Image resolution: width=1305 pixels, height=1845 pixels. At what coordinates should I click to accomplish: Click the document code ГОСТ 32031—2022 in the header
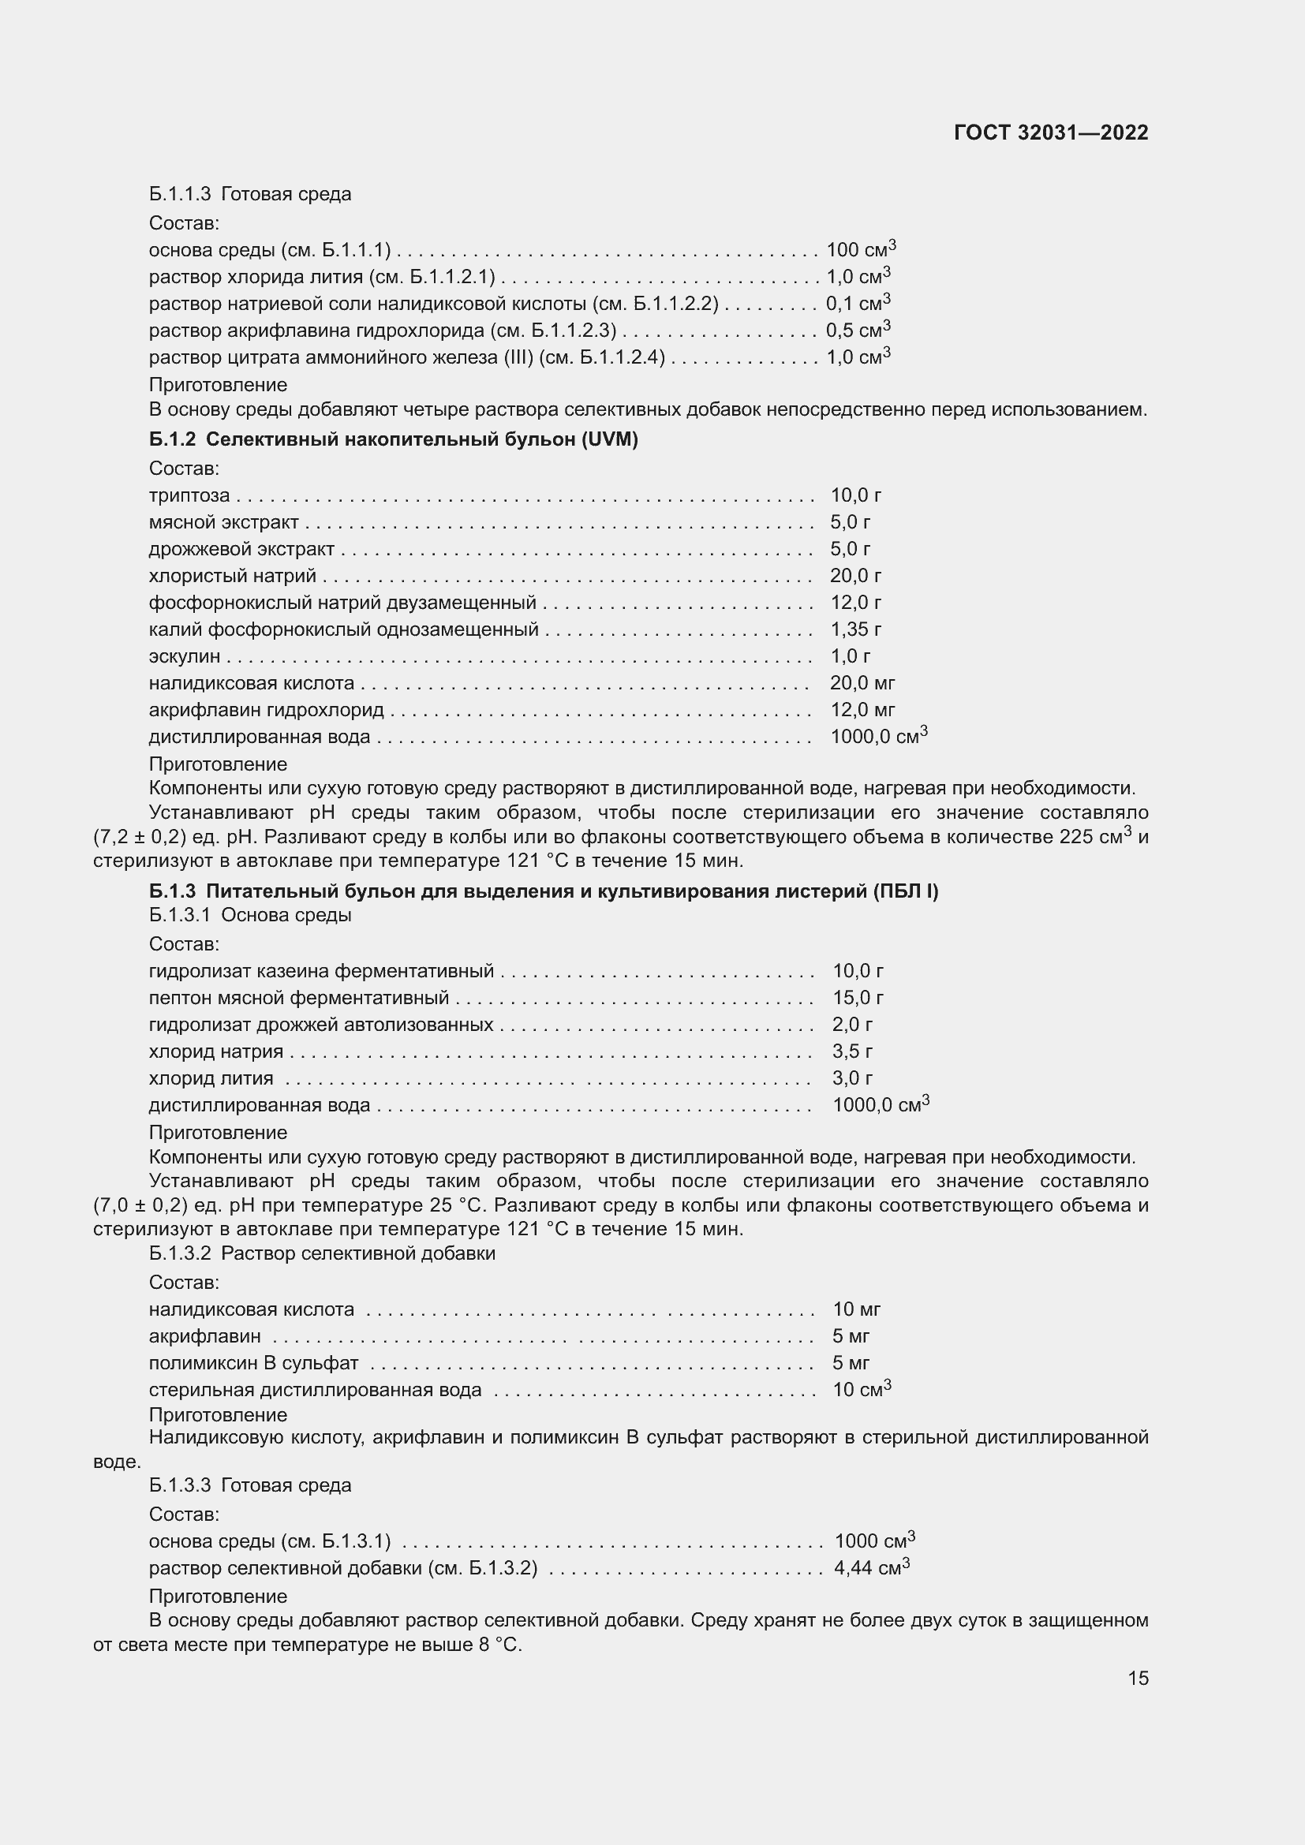(x=1050, y=133)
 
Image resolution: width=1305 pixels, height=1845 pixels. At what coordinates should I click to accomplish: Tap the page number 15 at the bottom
(x=1137, y=1678)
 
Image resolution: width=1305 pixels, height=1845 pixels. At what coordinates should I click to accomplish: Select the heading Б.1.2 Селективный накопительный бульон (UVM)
(x=393, y=439)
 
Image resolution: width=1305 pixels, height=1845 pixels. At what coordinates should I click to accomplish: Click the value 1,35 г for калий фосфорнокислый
(x=856, y=629)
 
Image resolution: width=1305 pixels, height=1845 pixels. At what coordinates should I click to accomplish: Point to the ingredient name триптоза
(x=189, y=496)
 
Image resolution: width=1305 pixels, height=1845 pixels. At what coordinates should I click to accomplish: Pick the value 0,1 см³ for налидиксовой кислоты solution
(x=858, y=304)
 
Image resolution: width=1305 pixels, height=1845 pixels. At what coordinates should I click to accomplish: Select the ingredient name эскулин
(x=184, y=656)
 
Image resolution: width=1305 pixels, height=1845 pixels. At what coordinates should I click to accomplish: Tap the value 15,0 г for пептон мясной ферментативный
(x=858, y=998)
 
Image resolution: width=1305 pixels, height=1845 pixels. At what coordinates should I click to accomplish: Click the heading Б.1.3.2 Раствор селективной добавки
(x=321, y=1253)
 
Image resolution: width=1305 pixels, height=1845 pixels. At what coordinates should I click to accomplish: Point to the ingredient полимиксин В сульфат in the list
(x=253, y=1363)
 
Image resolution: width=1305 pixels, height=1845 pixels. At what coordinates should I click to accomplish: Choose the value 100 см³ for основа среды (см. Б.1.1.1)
(x=861, y=250)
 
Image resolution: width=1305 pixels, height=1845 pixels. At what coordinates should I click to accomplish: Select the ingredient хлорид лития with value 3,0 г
(x=211, y=1078)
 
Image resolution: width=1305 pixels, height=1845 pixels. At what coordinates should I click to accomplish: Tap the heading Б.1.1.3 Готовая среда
(x=250, y=195)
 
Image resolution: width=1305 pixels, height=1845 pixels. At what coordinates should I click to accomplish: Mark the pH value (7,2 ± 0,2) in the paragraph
(x=140, y=838)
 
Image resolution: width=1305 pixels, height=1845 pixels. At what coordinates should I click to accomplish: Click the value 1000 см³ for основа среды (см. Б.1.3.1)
(x=874, y=1541)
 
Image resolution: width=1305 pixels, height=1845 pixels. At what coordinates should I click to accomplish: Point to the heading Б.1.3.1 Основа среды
(x=250, y=915)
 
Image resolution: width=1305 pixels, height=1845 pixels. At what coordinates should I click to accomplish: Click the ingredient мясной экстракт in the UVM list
(x=223, y=522)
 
